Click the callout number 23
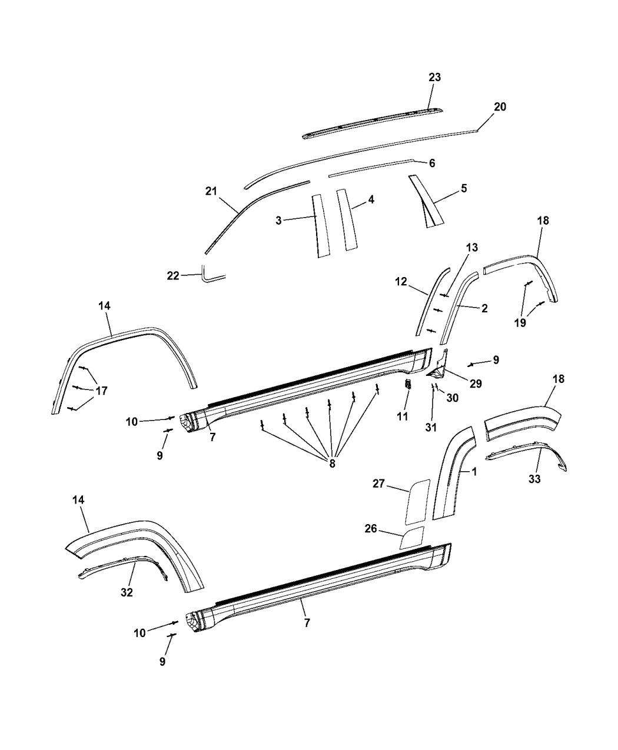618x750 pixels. coord(434,78)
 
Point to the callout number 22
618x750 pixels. coord(173,276)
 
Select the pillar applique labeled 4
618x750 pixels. coord(347,221)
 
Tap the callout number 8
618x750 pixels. coord(332,463)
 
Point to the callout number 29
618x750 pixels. coord(475,384)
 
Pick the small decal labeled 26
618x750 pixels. coord(412,538)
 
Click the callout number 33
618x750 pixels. coord(534,479)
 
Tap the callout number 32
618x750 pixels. coord(127,592)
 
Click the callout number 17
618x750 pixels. coord(101,390)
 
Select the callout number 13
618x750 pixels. coord(456,248)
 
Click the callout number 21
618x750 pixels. coord(211,191)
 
